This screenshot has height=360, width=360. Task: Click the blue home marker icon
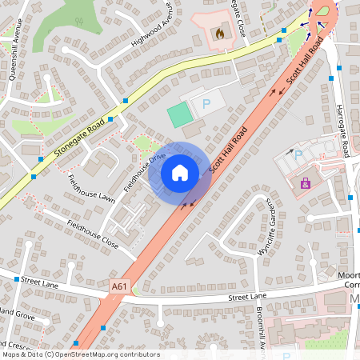pos(180,173)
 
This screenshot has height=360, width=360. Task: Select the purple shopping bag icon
pos(305,183)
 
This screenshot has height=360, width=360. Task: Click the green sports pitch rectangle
pos(180,114)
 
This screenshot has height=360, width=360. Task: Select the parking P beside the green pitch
pos(206,103)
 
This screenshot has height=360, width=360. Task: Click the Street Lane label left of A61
pos(41,281)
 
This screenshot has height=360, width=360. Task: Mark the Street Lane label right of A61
pos(246,297)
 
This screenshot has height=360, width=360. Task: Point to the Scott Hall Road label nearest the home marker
pos(226,156)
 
